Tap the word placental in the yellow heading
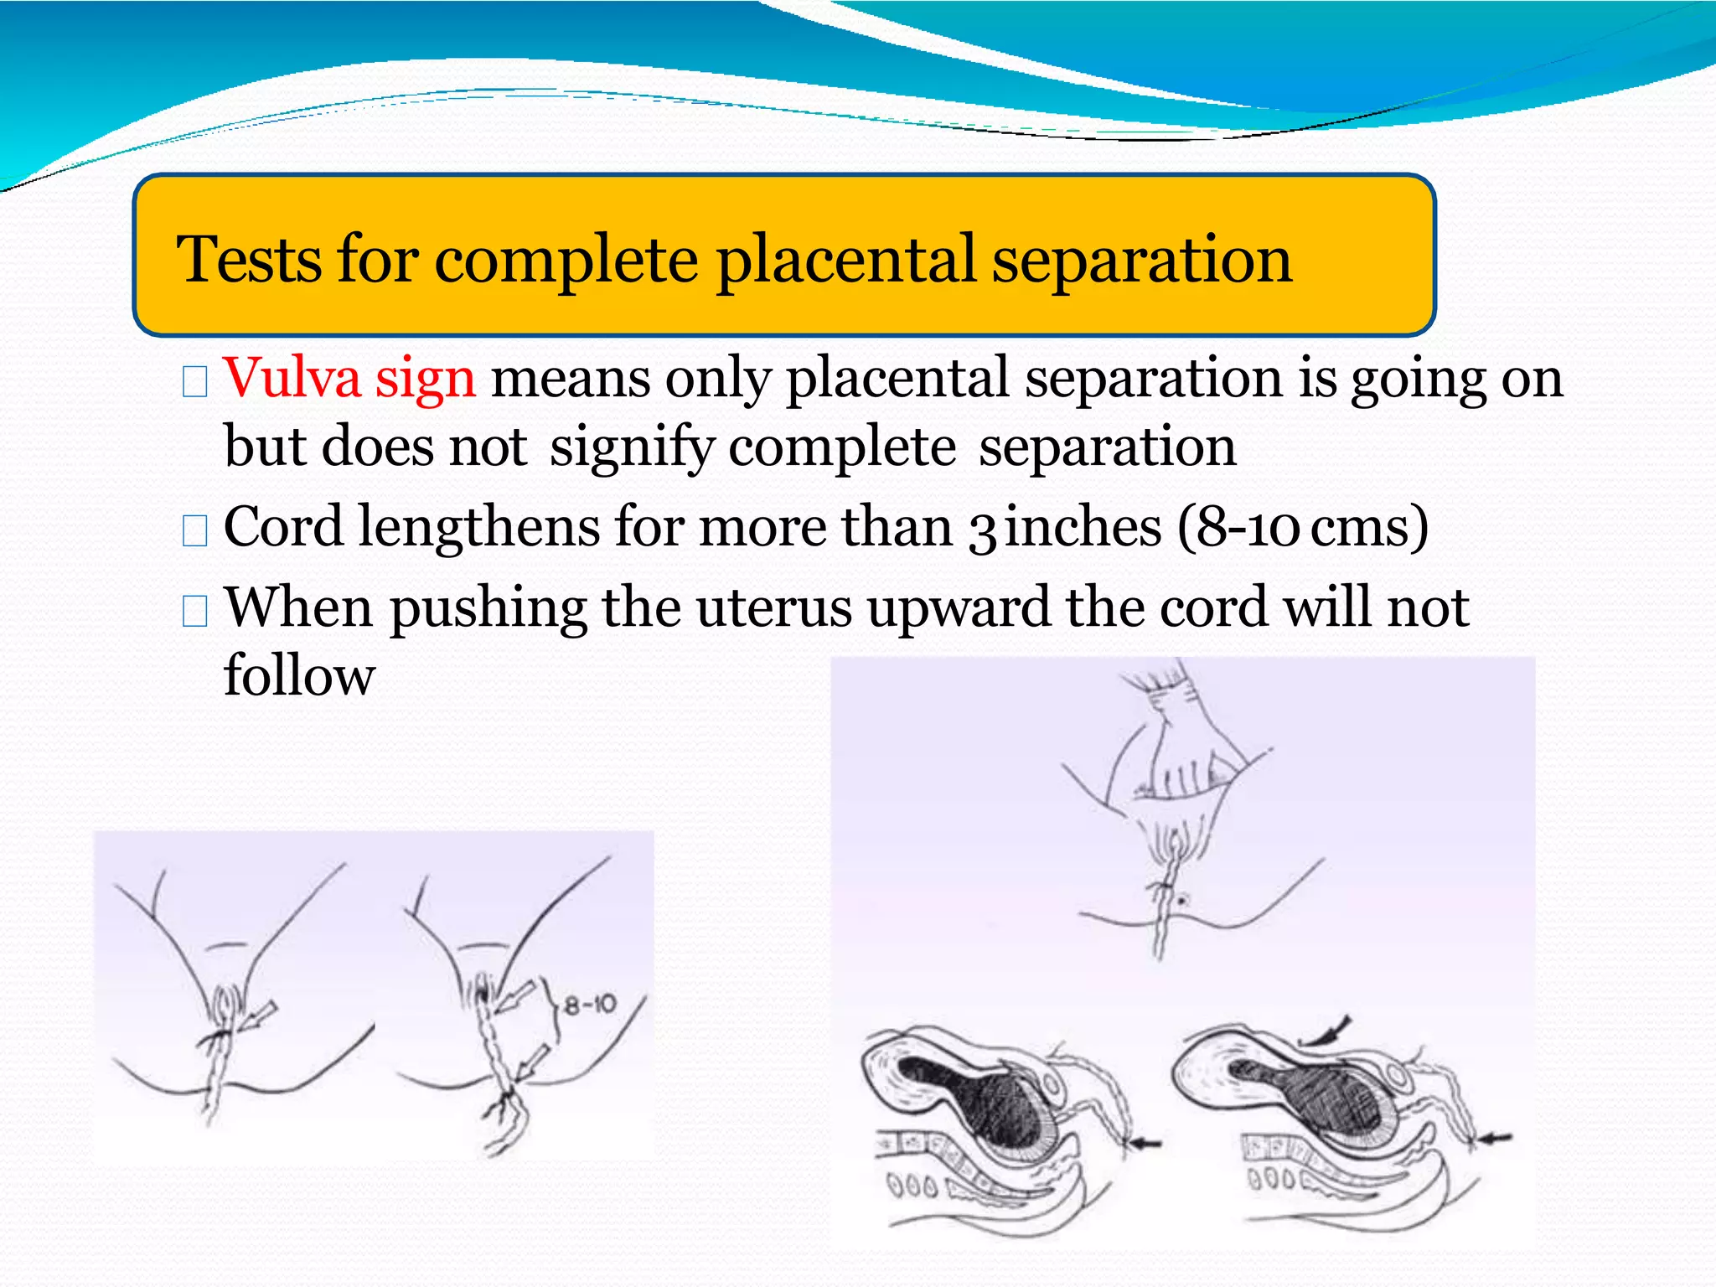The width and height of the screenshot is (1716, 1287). (x=845, y=259)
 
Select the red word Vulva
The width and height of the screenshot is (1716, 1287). (x=292, y=378)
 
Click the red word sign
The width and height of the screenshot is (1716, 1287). (x=425, y=380)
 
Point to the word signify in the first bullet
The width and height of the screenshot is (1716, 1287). (x=632, y=447)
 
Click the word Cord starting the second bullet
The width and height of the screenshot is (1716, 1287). (x=283, y=527)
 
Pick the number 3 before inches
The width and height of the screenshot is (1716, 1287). (x=982, y=530)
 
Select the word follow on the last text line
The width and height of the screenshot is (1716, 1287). (x=299, y=675)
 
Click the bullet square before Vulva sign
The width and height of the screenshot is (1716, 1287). (x=194, y=382)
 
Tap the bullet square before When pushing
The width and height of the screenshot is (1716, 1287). (x=194, y=611)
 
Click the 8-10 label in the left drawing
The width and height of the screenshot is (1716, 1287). (x=590, y=1004)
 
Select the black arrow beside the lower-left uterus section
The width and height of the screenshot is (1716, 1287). (x=1145, y=1142)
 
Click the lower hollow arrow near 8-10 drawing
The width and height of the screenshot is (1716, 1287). (x=530, y=1062)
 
